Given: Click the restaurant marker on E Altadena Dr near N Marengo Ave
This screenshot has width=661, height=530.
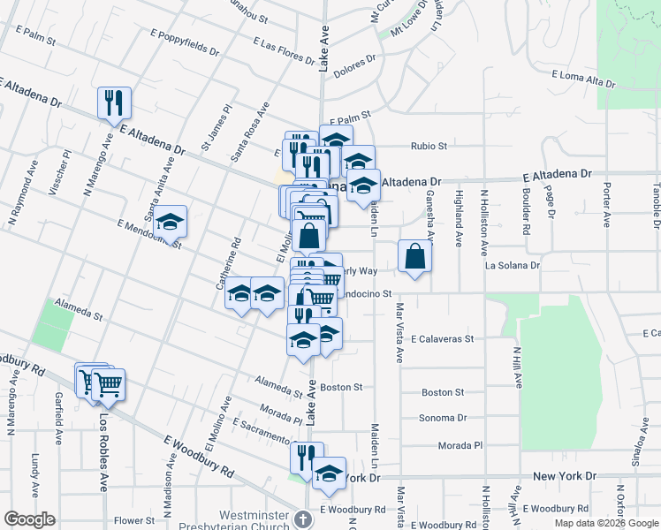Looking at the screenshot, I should [115, 103].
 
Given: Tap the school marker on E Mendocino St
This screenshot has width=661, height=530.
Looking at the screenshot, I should [171, 223].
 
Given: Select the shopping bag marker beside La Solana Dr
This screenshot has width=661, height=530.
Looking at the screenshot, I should [414, 256].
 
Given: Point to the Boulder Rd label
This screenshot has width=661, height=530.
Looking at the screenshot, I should [526, 211].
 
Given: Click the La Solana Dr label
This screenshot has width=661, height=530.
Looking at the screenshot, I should [512, 265].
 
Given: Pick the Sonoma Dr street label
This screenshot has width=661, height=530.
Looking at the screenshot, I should [444, 419].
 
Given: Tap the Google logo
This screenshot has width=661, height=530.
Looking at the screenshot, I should [29, 519].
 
